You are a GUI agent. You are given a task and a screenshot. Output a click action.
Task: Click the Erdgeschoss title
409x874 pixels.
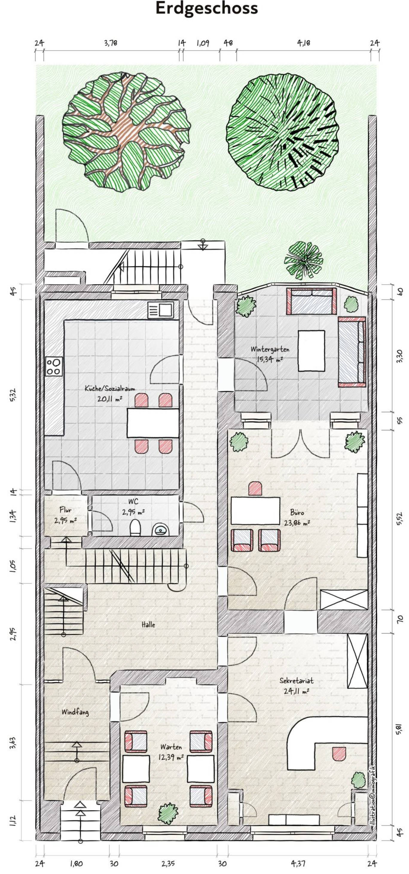click(207, 8)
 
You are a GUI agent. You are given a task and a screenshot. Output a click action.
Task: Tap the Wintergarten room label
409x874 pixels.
click(270, 349)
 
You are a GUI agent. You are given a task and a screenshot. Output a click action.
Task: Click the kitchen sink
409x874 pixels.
click(161, 310)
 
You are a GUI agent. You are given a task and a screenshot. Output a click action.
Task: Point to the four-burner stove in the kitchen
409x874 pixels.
click(54, 367)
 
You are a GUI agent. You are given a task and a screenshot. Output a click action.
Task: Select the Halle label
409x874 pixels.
click(148, 624)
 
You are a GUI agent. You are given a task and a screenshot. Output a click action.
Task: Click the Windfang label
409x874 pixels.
click(75, 712)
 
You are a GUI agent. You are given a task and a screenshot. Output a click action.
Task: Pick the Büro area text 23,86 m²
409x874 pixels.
click(297, 523)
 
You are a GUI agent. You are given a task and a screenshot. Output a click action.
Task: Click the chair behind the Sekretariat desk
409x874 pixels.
click(339, 754)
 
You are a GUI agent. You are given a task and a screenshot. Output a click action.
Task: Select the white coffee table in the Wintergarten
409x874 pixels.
click(311, 351)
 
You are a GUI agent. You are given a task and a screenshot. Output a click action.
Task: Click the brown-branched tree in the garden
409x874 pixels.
click(126, 132)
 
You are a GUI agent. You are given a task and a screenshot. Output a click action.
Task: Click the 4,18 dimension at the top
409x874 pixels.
click(303, 43)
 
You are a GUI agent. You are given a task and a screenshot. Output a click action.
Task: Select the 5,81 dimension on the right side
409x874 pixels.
click(399, 729)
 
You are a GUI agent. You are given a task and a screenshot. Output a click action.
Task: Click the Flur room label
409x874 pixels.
click(65, 510)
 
